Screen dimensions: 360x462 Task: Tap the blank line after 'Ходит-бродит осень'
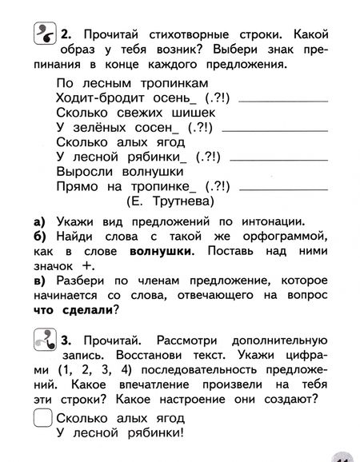coord(270,100)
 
